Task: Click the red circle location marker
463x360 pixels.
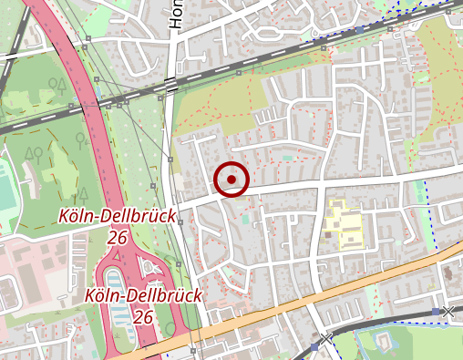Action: pyautogui.click(x=233, y=180)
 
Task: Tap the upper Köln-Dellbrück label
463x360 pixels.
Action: pyautogui.click(x=117, y=216)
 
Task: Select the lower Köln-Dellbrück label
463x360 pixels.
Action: pyautogui.click(x=142, y=295)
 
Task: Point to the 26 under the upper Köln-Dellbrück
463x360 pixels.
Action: pyautogui.click(x=117, y=237)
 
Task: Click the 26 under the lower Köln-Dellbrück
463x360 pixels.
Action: pyautogui.click(x=142, y=316)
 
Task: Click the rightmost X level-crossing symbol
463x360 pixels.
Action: pyautogui.click(x=447, y=312)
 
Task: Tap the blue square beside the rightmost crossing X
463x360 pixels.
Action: pyautogui.click(x=435, y=313)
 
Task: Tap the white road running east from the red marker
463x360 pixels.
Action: pyautogui.click(x=365, y=180)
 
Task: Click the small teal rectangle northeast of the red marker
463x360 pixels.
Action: pyautogui.click(x=288, y=158)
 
